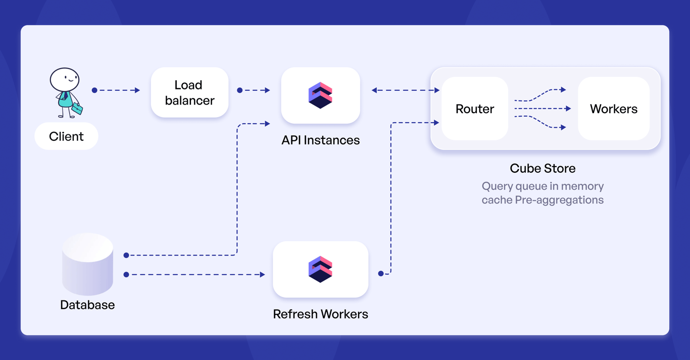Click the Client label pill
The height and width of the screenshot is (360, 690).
(x=66, y=136)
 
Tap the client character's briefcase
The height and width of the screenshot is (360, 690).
(x=77, y=108)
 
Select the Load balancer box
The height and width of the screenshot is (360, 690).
(x=189, y=92)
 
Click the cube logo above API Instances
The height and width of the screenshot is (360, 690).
(x=320, y=95)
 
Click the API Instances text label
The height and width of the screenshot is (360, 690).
(x=320, y=140)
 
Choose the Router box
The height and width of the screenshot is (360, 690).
(x=474, y=109)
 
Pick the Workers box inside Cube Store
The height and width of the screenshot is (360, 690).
(x=613, y=109)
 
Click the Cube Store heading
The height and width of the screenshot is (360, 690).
(x=543, y=168)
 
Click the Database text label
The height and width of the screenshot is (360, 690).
(x=87, y=305)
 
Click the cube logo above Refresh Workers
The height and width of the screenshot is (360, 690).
(x=320, y=269)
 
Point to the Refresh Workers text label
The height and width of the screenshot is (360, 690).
(x=320, y=314)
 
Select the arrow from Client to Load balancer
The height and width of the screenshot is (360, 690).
(x=116, y=90)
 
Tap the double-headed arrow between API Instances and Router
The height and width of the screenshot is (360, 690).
(x=405, y=90)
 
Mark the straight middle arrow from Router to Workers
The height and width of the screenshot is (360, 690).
(x=543, y=109)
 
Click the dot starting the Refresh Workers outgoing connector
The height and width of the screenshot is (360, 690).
(x=381, y=274)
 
